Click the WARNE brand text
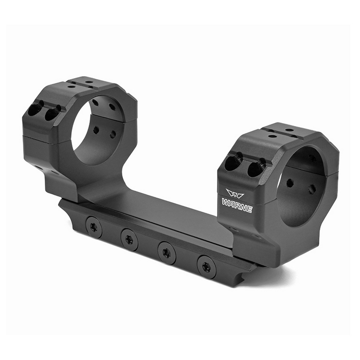[x=237, y=206]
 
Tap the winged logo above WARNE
[x=235, y=193]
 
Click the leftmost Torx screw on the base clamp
[x=94, y=227]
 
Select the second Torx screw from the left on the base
[x=130, y=240]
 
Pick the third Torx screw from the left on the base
[x=167, y=253]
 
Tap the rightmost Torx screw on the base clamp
[x=207, y=267]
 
